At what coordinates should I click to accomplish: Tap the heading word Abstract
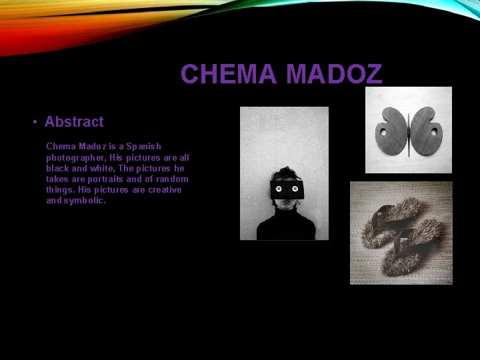click(74, 122)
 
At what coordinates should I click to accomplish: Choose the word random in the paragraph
click(171, 179)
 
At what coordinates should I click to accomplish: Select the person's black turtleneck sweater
click(286, 225)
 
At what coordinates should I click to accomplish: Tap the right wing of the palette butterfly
click(425, 130)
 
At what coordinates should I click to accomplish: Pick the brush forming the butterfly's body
click(408, 133)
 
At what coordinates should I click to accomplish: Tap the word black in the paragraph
click(58, 168)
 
